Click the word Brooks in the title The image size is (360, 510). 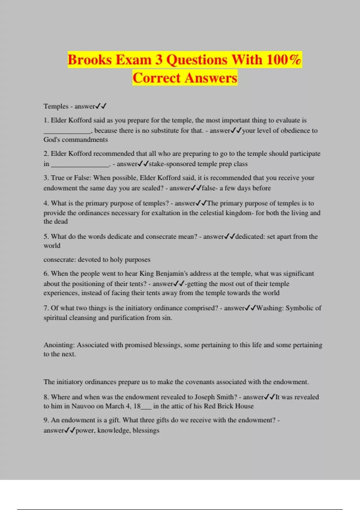coord(89,60)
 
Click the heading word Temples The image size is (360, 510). coord(56,106)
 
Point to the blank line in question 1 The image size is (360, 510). coord(67,131)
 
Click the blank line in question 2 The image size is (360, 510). coord(80,164)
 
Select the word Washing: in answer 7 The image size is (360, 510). coord(270,308)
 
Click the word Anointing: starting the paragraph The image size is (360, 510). coord(59,345)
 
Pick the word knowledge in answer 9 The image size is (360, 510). coord(113,430)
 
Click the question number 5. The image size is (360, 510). coord(46,236)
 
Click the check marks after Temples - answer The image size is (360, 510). coord(101,106)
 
